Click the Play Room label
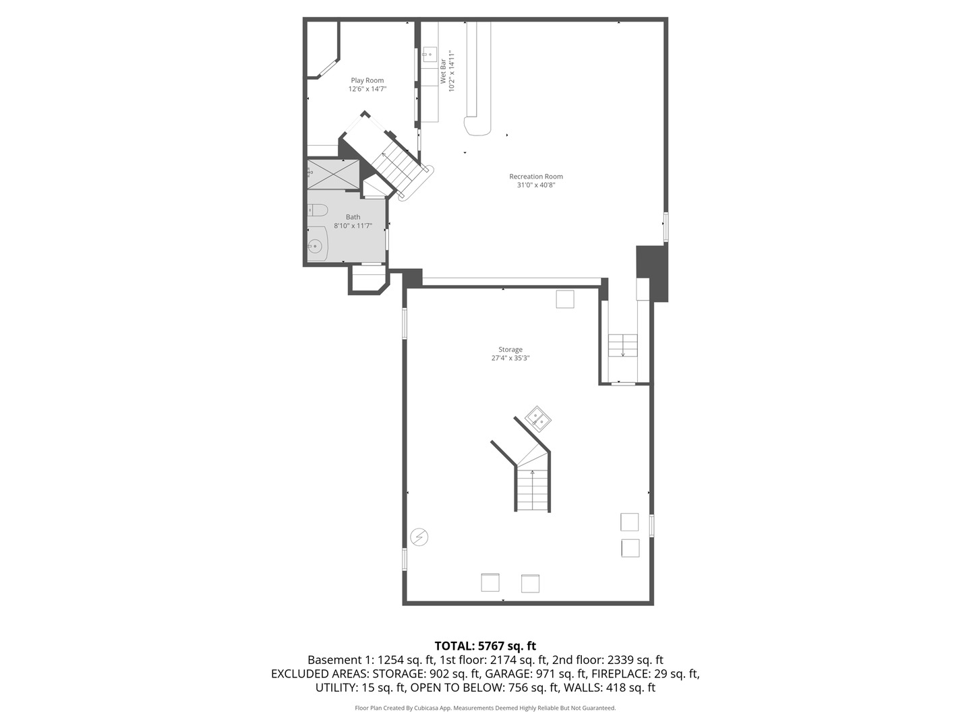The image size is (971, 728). click(367, 80)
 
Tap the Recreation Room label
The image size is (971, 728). click(536, 177)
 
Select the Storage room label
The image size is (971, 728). click(510, 350)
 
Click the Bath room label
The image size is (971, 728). click(353, 217)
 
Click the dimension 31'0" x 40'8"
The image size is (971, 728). click(536, 185)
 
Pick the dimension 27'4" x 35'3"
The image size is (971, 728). click(510, 359)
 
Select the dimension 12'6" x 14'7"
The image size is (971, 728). click(367, 89)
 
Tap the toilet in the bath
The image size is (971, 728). click(317, 210)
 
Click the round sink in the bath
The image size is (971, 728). click(315, 247)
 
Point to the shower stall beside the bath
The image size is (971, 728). click(334, 175)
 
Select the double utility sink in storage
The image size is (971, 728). click(538, 419)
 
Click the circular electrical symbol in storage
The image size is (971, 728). click(419, 537)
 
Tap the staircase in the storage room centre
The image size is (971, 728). click(533, 489)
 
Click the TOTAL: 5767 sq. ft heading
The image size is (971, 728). click(486, 646)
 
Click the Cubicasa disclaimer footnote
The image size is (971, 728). click(486, 708)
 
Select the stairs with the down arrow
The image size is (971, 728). click(623, 346)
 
